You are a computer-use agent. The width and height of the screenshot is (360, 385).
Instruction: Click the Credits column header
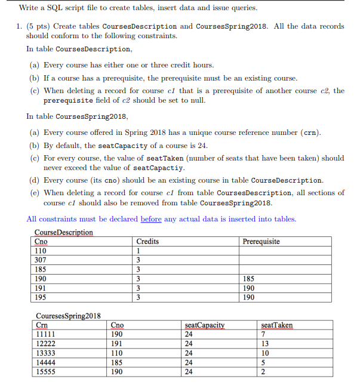147,241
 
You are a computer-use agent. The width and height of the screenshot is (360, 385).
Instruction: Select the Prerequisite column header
261,241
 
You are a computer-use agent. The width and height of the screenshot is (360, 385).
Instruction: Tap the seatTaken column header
277,325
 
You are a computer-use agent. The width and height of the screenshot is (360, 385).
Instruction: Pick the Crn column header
42,325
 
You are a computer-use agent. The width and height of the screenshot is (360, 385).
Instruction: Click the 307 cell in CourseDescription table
41,260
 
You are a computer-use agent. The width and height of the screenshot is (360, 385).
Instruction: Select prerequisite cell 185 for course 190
249,278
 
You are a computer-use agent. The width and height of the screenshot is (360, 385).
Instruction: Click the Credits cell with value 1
139,251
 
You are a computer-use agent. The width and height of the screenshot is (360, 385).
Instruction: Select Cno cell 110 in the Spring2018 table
118,353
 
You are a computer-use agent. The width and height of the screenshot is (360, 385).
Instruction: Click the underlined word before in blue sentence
151,219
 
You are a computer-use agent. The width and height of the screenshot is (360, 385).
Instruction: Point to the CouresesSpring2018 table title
68,316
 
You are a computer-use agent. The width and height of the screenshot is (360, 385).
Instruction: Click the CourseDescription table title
64,232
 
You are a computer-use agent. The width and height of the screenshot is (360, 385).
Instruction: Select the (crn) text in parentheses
309,132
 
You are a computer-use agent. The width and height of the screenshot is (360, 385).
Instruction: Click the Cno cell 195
41,297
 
